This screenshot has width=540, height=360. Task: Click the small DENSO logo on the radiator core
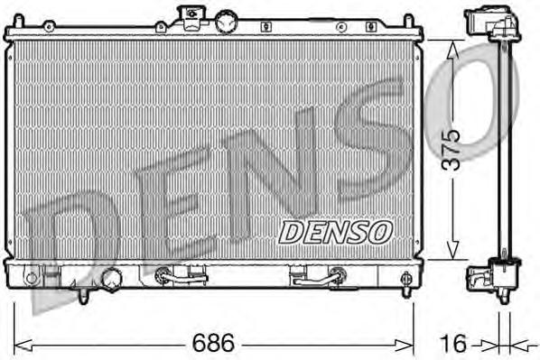click(x=333, y=232)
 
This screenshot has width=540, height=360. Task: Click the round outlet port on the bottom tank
click(x=113, y=278)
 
